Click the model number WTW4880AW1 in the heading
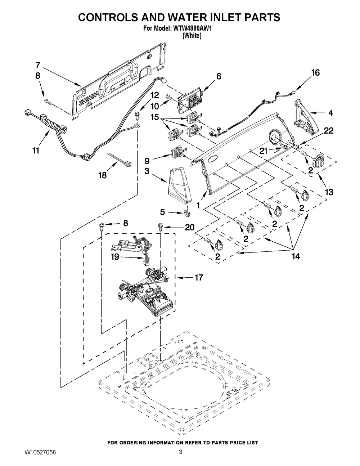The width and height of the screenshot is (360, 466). pos(191,29)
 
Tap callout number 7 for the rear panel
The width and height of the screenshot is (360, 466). pos(38,65)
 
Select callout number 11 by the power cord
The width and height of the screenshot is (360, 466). pos(35,151)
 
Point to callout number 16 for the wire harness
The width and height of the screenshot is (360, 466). pos(315,72)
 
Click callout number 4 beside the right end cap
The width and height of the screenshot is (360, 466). pos(330,113)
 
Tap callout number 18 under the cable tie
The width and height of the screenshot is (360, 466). pos(103,175)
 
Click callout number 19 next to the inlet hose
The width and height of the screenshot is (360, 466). pos(114,257)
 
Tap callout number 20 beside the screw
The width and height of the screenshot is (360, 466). pos(189,227)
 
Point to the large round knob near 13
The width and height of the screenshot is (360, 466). pos(319,161)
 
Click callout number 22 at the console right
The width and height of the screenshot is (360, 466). pos(329,131)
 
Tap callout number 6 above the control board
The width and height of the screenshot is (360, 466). pos(219,76)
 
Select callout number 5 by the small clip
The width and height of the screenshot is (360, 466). pos(162,212)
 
